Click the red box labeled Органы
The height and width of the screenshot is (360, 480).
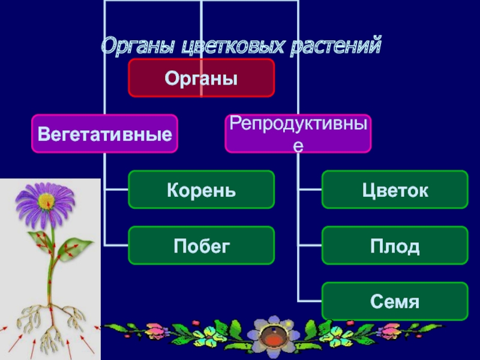click(201, 78)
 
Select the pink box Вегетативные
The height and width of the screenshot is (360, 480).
click(104, 133)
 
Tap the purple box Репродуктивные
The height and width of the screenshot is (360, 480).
click(298, 133)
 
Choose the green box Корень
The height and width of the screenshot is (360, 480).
click(201, 190)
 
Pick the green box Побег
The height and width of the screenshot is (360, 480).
click(201, 245)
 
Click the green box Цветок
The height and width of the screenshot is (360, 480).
click(395, 190)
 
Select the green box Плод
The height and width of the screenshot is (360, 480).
click(395, 245)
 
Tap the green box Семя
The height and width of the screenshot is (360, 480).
click(395, 301)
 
